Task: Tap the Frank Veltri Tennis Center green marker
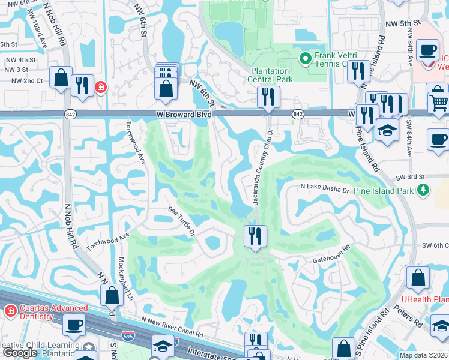[x=305, y=58]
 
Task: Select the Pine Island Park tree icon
[x=424, y=190]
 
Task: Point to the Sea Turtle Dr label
[x=182, y=220]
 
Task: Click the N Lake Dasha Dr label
[x=325, y=188]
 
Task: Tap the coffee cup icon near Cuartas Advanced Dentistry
[x=75, y=325]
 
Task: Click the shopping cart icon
[x=439, y=102]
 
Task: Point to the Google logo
[x=19, y=353]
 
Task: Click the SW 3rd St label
[x=410, y=177]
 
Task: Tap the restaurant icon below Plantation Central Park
[x=268, y=96]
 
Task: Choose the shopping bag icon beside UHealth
[x=417, y=277]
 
